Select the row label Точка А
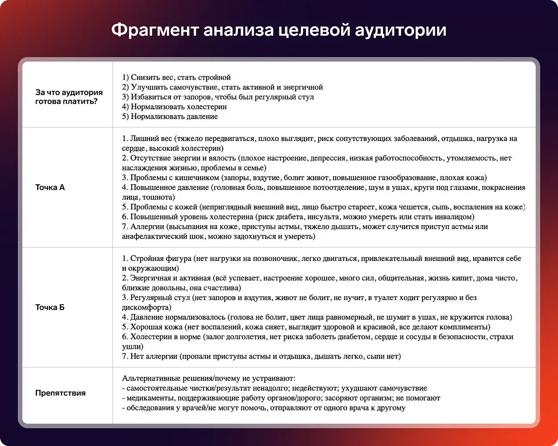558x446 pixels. (x=50, y=187)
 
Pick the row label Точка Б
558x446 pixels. (x=50, y=307)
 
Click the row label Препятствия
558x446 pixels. (x=60, y=393)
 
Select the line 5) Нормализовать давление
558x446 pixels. (x=170, y=116)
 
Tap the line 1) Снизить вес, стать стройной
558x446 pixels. (x=176, y=77)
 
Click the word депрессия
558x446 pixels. (x=329, y=158)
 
